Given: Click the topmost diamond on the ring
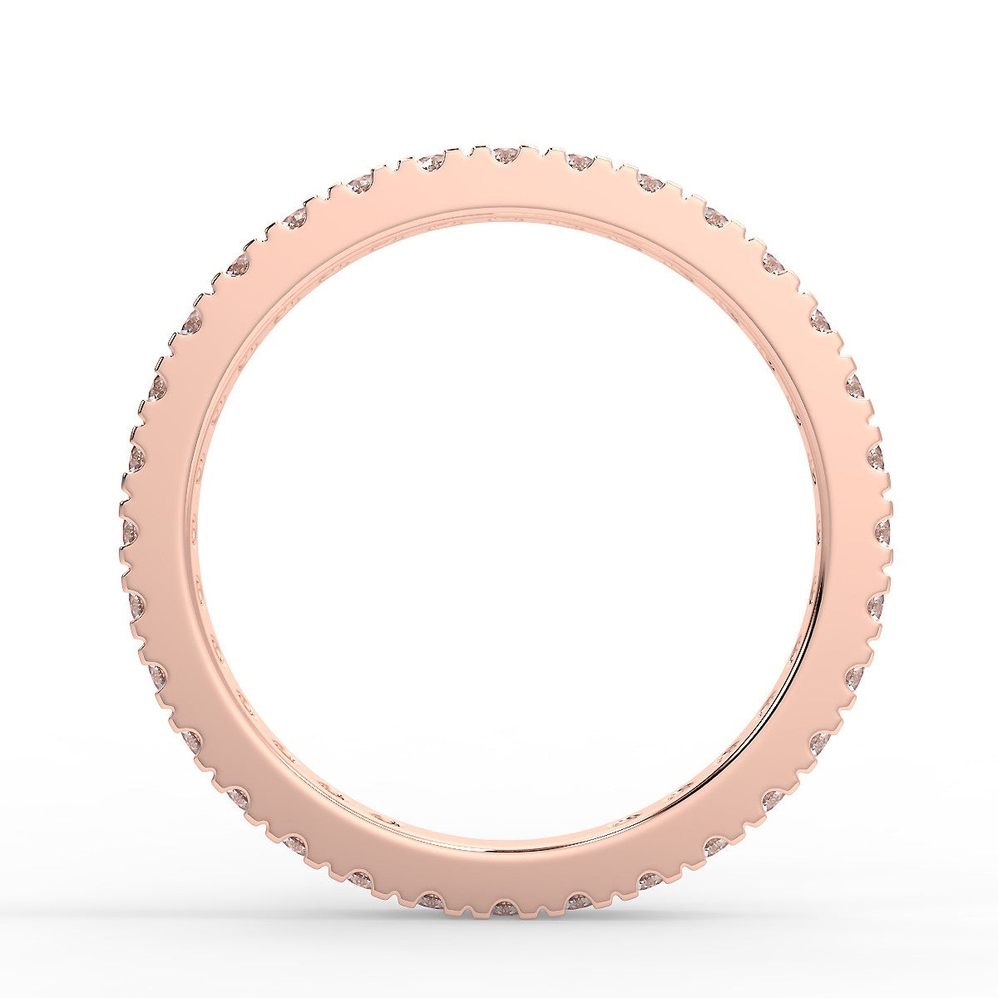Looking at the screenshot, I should [x=505, y=155].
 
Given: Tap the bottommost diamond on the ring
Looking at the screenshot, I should [x=505, y=908].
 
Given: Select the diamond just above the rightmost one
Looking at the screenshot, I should [x=876, y=457].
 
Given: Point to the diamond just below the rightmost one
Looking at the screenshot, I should [x=876, y=605].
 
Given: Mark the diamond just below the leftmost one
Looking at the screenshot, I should [x=136, y=605].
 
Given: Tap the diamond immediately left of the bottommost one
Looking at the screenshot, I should [x=432, y=901].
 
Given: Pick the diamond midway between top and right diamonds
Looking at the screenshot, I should [x=773, y=264].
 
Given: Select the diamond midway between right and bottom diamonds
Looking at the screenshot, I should [x=773, y=799].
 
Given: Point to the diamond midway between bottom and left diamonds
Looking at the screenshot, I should [x=238, y=798].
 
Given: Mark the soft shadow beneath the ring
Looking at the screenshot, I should [x=505, y=927].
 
